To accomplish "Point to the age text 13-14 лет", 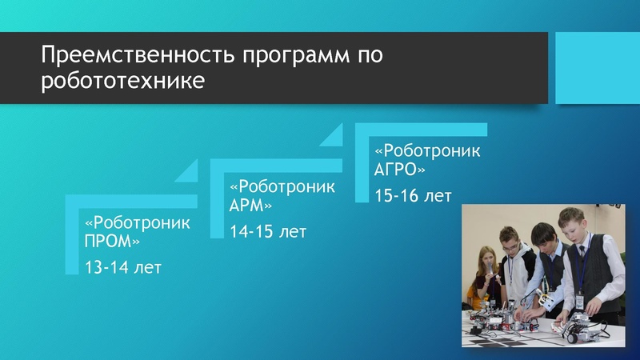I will (x=123, y=266).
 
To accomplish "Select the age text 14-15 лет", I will (x=268, y=231).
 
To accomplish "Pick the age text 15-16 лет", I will (x=414, y=196).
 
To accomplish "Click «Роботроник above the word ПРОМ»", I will (x=138, y=222).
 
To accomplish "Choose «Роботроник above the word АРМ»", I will (x=282, y=187).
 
